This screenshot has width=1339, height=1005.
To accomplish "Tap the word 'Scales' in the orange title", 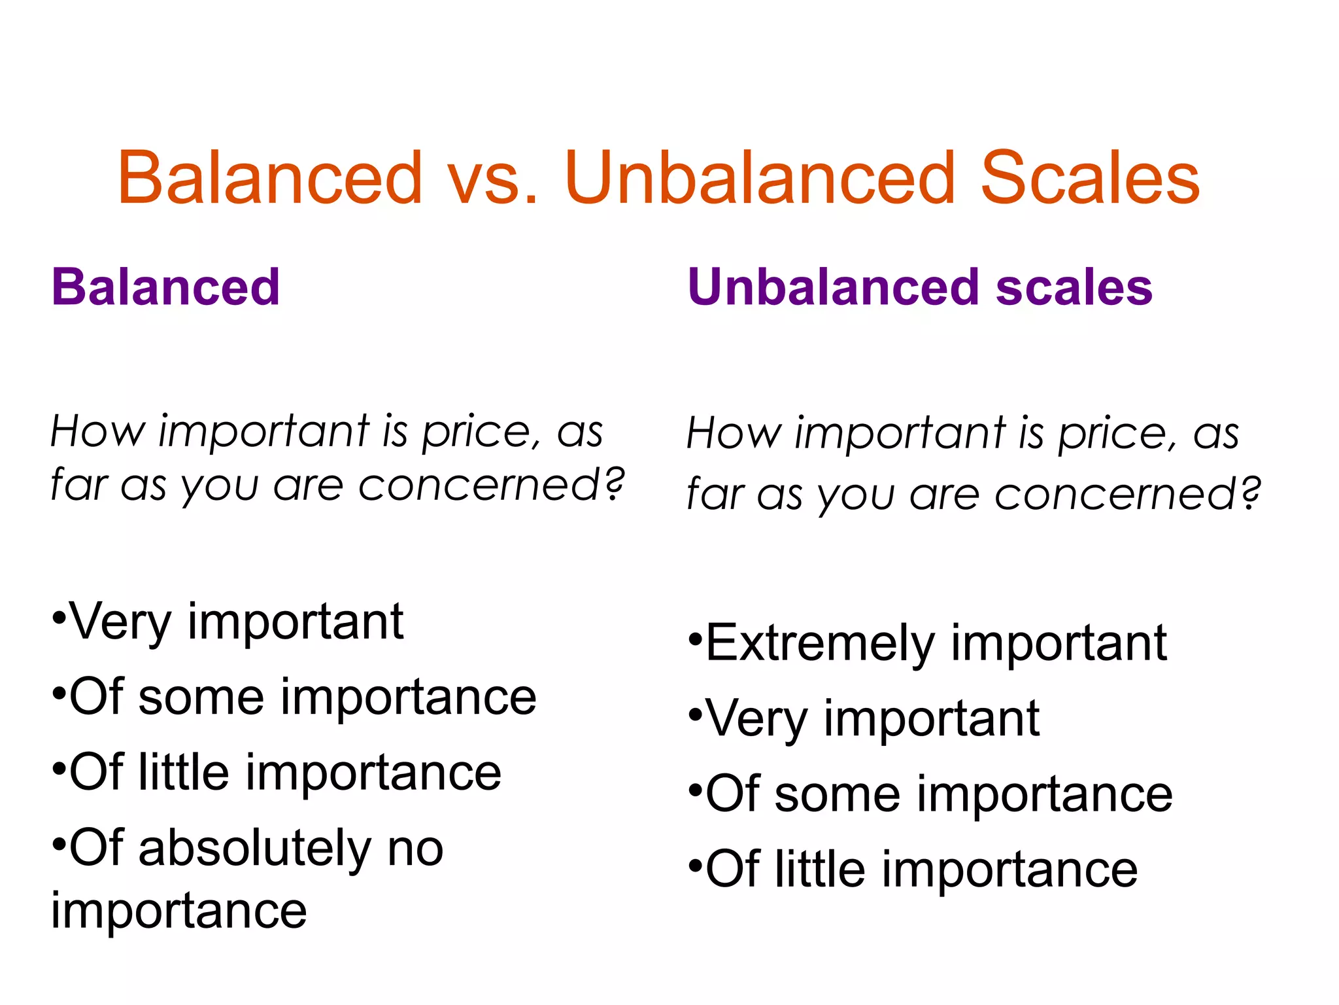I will click(1090, 178).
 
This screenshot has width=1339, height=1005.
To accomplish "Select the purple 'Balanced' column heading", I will click(165, 287).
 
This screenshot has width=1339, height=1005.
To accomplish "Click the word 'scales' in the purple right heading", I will click(1074, 287).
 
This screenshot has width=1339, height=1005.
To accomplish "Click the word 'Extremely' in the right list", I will click(821, 644).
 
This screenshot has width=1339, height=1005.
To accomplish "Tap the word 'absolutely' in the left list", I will click(255, 849).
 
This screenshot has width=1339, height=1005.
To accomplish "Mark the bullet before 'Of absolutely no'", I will click(58, 841).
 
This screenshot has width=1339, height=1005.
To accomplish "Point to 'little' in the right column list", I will click(820, 870).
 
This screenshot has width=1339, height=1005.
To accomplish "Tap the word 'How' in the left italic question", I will click(98, 432).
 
